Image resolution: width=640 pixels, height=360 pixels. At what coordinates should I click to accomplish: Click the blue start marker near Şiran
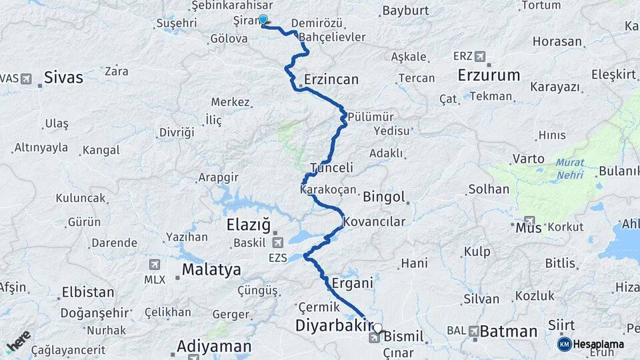pyautogui.click(x=263, y=20)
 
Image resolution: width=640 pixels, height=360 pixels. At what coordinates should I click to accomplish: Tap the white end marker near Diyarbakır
pyautogui.click(x=378, y=327)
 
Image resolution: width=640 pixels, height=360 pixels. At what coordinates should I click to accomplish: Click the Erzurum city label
pyautogui.click(x=489, y=75)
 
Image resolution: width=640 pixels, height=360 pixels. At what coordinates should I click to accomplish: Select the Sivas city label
pyautogui.click(x=63, y=78)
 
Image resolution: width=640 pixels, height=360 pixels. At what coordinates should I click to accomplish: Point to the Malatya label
pyautogui.click(x=211, y=270)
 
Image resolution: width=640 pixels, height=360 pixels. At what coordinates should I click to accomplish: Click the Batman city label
pyautogui.click(x=509, y=331)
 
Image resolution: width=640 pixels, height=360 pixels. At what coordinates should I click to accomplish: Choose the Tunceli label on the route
pyautogui.click(x=331, y=168)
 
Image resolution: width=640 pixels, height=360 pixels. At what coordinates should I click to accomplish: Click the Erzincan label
pyautogui.click(x=331, y=80)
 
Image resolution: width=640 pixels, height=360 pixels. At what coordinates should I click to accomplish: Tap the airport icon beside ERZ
pyautogui.click(x=480, y=56)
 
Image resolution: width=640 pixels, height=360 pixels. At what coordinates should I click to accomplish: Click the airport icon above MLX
pyautogui.click(x=155, y=265)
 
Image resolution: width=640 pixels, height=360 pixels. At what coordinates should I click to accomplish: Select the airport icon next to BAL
pyautogui.click(x=473, y=331)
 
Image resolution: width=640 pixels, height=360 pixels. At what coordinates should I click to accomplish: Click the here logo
pyautogui.click(x=18, y=341)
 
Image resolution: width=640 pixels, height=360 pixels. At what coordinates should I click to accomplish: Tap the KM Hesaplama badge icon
pyautogui.click(x=565, y=344)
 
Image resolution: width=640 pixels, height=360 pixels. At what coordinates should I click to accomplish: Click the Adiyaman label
pyautogui.click(x=214, y=347)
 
